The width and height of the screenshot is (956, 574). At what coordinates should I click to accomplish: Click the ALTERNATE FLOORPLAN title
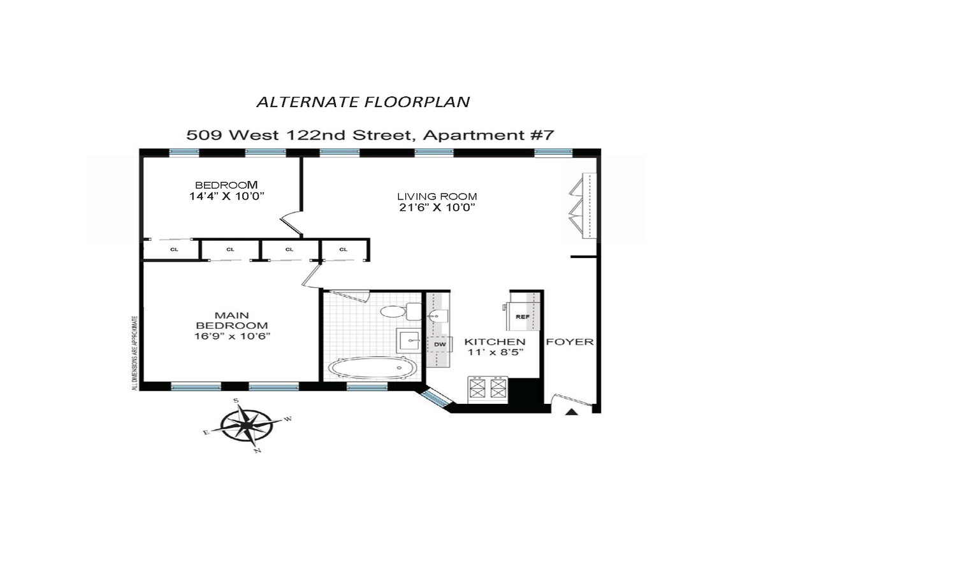pyautogui.click(x=363, y=102)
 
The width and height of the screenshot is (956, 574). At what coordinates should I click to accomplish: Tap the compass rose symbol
pyautogui.click(x=247, y=425)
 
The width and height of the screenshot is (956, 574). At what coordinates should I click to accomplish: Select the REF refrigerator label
pyautogui.click(x=523, y=317)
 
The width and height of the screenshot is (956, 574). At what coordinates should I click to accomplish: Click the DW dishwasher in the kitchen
pyautogui.click(x=440, y=344)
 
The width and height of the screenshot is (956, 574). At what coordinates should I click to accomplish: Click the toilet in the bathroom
pyautogui.click(x=400, y=311)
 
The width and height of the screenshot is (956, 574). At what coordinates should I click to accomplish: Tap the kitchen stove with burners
pyautogui.click(x=488, y=389)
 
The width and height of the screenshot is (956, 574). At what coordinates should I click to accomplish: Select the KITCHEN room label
pyautogui.click(x=495, y=342)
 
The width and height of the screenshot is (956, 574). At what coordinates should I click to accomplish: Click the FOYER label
pyautogui.click(x=570, y=342)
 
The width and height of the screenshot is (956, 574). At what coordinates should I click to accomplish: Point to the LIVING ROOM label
pyautogui.click(x=437, y=196)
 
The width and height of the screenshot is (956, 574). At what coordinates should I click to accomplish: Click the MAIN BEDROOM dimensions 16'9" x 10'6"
pyautogui.click(x=232, y=336)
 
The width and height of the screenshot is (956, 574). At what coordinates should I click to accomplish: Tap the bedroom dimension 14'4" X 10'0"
pyautogui.click(x=227, y=196)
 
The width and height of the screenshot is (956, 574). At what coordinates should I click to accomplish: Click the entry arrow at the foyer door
pyautogui.click(x=572, y=412)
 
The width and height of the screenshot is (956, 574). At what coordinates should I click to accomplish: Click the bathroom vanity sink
pyautogui.click(x=409, y=341)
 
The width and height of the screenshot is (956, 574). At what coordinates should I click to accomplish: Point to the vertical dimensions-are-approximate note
pyautogui.click(x=135, y=353)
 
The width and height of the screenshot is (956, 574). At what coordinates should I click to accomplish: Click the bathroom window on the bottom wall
pyautogui.click(x=367, y=387)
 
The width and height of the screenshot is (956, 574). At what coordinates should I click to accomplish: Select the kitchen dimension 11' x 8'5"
pyautogui.click(x=495, y=352)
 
